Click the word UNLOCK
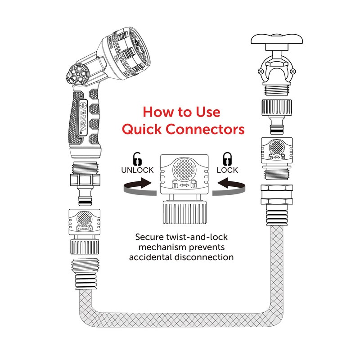pyautogui.click(x=137, y=170)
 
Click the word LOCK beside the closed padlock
pyautogui.click(x=227, y=170)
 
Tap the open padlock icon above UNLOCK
pyautogui.click(x=137, y=159)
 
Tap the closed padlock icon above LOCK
pyautogui.click(x=227, y=159)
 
